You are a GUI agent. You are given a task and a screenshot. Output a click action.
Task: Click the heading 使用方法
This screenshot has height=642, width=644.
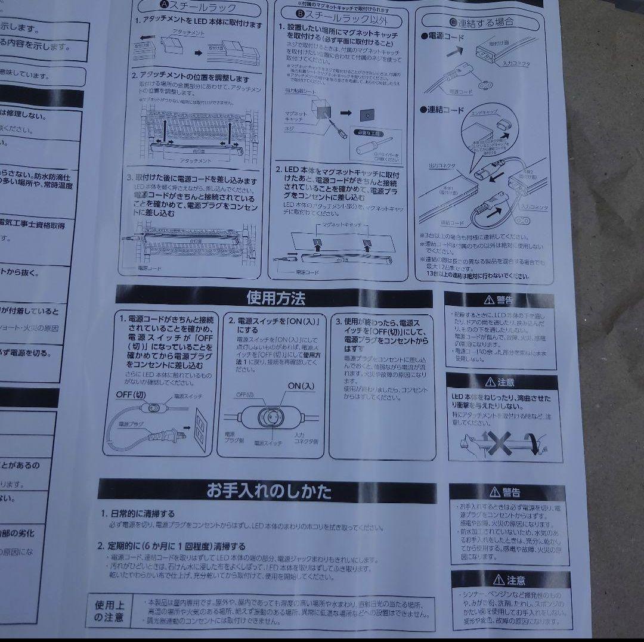[275, 297]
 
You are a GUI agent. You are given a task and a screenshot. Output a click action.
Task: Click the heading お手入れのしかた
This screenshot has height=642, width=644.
[268, 491]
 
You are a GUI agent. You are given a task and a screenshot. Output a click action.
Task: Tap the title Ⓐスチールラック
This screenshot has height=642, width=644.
[199, 8]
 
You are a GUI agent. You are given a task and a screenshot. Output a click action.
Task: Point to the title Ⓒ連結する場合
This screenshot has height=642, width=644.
[482, 23]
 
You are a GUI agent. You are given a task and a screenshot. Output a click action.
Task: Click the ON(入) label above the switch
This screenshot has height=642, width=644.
[301, 386]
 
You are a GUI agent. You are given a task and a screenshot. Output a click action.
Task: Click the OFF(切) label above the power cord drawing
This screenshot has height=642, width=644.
[131, 395]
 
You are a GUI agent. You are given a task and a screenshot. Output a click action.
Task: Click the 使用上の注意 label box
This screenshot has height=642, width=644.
[109, 610]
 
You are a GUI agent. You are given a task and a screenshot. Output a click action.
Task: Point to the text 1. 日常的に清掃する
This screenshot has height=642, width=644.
[138, 513]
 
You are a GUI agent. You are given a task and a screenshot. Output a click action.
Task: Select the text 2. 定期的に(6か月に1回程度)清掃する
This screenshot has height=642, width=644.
[172, 546]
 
